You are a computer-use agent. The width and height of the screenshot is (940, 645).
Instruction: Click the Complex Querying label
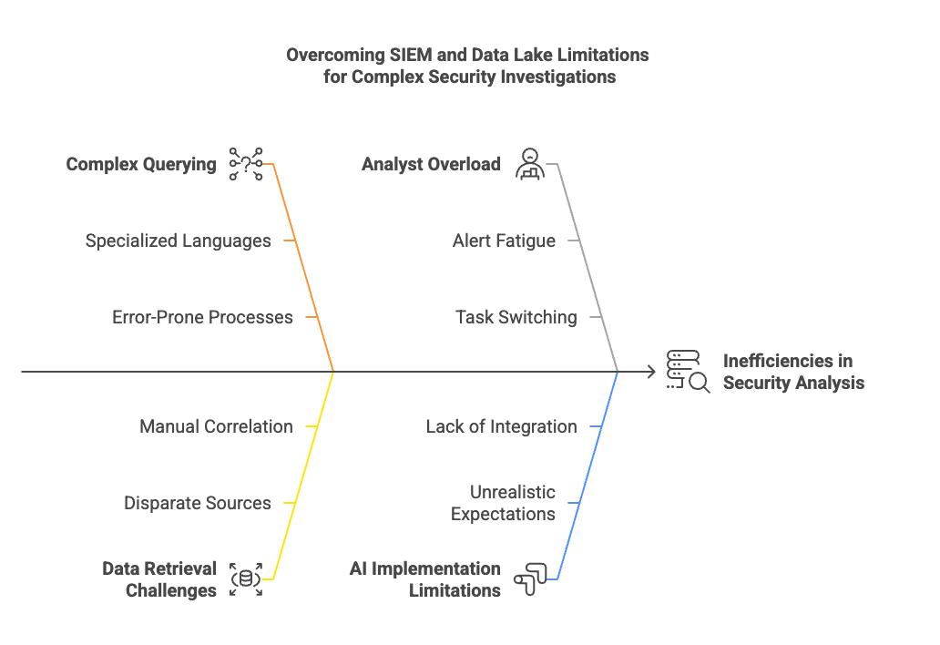tap(141, 165)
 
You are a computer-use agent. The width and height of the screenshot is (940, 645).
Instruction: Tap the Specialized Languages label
tap(179, 241)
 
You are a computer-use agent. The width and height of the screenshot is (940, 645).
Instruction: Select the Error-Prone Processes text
tap(202, 318)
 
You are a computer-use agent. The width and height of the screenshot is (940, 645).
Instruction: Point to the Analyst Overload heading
tap(431, 165)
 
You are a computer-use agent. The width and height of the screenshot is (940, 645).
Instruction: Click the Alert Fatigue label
tap(504, 241)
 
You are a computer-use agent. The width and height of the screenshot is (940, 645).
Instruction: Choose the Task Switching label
tap(516, 318)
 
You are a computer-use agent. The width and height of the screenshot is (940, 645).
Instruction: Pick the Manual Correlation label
tap(216, 426)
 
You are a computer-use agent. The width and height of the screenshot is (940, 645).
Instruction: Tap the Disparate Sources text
tap(197, 503)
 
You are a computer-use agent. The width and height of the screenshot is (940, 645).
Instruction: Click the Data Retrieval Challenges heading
tap(159, 579)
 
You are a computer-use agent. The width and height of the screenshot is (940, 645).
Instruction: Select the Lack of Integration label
tap(501, 426)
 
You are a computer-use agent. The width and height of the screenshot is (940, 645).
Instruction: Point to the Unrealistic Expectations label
tap(503, 503)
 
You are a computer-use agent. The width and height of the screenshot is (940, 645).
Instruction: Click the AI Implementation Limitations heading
tap(425, 579)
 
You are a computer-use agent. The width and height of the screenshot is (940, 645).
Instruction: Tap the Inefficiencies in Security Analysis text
tap(793, 372)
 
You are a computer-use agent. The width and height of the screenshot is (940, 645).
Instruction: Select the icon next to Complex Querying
tap(246, 164)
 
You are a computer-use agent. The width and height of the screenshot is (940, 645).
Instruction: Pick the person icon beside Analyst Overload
tap(529, 164)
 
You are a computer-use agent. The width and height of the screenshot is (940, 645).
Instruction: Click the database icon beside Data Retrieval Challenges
tap(246, 579)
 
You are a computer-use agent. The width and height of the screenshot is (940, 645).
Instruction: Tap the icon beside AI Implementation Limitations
tap(529, 579)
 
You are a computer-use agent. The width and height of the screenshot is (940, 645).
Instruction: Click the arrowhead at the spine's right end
tap(651, 372)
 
